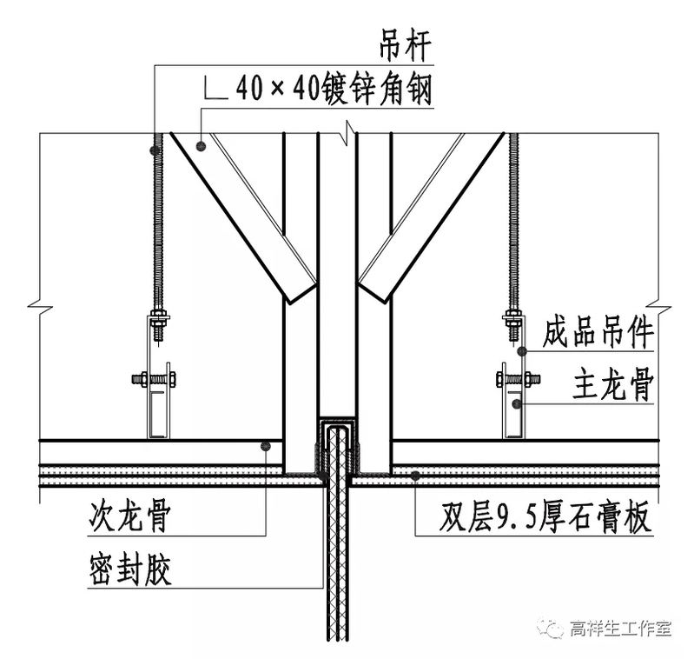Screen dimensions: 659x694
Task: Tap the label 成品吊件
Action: pos(598,332)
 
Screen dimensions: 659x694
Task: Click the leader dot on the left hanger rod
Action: pos(156,150)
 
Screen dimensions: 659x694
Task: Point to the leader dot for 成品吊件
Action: pos(522,351)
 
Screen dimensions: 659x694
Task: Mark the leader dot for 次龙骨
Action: pos(266,446)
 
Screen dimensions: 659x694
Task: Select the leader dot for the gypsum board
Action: pos(417,475)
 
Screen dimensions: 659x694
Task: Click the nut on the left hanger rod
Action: pos(158,316)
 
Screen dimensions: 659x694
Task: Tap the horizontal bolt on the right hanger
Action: pos(518,378)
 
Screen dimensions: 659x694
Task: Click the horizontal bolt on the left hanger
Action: pos(155,378)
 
